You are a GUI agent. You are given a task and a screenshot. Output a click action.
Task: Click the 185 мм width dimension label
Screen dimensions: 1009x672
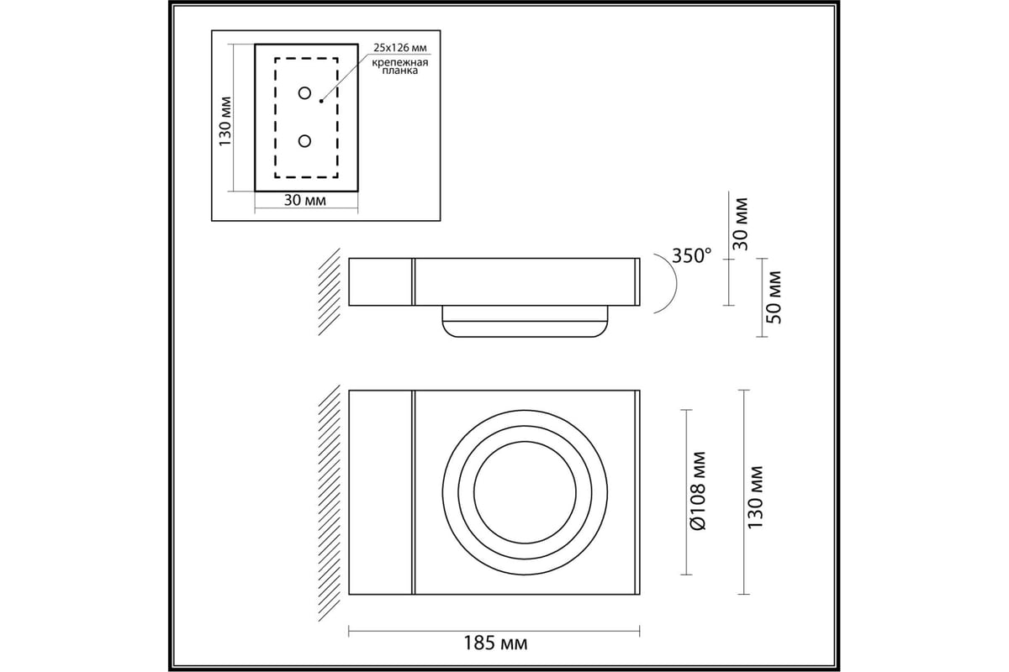[x=495, y=643]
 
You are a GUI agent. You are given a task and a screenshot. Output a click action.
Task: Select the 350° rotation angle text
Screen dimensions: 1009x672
[x=692, y=255]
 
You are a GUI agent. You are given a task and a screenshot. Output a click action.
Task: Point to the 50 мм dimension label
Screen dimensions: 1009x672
[x=774, y=297]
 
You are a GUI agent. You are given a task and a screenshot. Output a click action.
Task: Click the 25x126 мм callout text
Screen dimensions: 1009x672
[x=399, y=48]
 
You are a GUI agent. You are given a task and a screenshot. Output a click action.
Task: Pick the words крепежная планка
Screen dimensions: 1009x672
[x=399, y=66]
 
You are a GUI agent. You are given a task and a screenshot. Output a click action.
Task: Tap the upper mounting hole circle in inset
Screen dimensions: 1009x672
[x=305, y=93]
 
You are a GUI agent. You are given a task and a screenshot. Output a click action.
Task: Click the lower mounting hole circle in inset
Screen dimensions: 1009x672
[x=305, y=141]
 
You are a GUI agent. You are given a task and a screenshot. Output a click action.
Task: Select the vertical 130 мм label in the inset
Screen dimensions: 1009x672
[x=225, y=121]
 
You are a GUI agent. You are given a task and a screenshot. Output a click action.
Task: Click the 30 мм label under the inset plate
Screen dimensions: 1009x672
[x=305, y=200]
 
